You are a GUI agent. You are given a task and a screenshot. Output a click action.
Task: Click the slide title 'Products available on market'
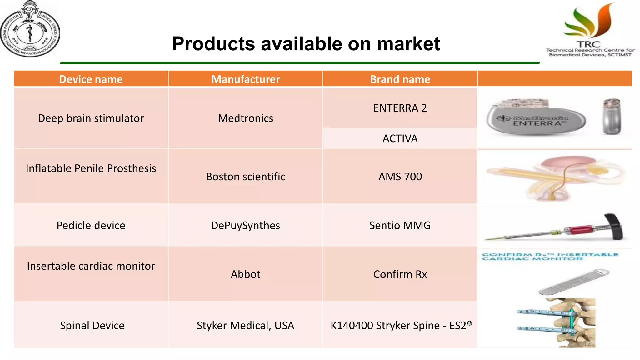[x=306, y=43]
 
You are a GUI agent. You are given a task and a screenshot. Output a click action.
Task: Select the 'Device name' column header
[x=91, y=79]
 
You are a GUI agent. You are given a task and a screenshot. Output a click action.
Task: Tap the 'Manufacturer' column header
[x=245, y=79]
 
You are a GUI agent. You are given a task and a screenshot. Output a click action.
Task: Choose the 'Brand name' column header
[x=400, y=79]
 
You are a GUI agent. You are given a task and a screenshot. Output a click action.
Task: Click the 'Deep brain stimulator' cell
[x=91, y=118]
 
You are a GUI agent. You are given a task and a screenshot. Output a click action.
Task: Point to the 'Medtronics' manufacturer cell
[x=245, y=118]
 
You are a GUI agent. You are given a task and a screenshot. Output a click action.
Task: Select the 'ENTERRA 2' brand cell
[x=400, y=108]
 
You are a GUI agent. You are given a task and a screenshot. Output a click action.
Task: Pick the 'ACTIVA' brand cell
[x=400, y=138]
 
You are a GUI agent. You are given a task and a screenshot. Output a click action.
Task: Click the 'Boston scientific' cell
[x=245, y=177]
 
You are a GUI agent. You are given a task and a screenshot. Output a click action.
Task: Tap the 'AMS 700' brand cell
[x=400, y=177]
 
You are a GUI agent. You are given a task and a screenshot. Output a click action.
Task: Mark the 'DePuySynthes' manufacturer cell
[x=245, y=225]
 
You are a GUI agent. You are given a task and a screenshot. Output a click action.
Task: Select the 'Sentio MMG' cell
[x=400, y=225]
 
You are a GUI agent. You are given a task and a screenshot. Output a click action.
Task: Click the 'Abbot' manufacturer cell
[x=245, y=274]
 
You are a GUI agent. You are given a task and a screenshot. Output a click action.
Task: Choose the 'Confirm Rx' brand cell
[x=400, y=274]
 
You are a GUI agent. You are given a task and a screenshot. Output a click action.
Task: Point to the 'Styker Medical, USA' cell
[x=245, y=325]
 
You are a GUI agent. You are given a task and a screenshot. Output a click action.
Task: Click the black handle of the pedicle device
[x=614, y=226]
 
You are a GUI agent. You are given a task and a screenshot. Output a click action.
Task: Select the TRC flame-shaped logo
[x=590, y=22]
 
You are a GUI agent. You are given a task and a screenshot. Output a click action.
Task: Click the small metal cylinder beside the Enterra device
[x=612, y=116]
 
